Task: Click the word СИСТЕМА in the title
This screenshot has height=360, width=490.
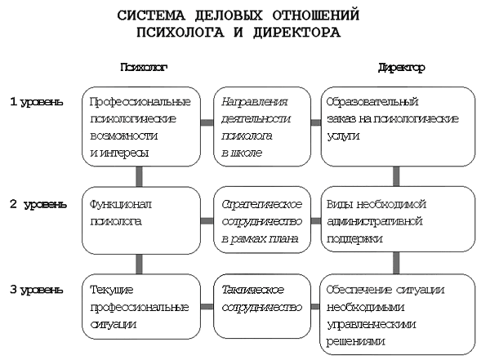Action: coord(150,16)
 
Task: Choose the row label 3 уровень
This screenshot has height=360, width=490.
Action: coord(36,290)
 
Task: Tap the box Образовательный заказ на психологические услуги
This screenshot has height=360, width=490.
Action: coord(397,126)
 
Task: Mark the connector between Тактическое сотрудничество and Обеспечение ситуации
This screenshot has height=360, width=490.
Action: coord(316,308)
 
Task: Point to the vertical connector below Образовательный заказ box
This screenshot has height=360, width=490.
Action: coord(395,175)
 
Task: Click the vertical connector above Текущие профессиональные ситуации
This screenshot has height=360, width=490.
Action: coord(140,264)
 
